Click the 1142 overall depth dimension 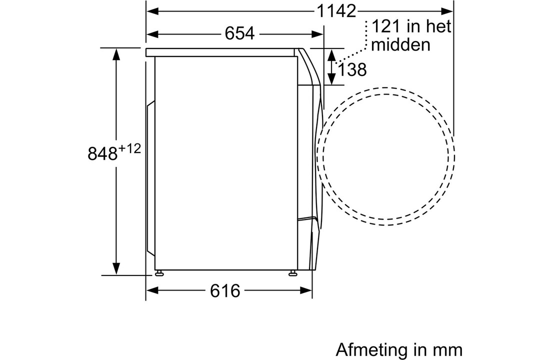336,11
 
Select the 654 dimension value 239,34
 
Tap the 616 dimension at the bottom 225,291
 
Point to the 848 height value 102,153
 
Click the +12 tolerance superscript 130,149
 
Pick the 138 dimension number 352,70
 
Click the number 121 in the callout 386,26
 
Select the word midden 400,45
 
